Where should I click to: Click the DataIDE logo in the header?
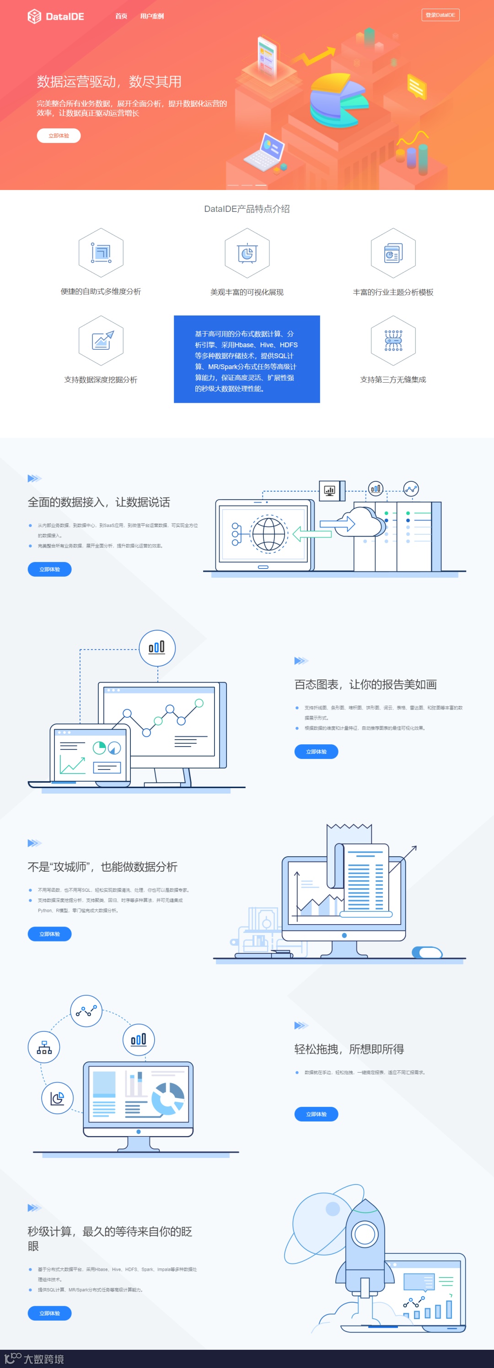(x=56, y=16)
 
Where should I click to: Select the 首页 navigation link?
(x=121, y=16)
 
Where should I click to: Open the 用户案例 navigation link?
(x=152, y=16)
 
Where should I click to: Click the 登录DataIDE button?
(x=440, y=15)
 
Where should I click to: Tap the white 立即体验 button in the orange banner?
(x=59, y=136)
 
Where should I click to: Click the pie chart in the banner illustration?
(x=337, y=98)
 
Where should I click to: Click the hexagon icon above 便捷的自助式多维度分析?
(x=101, y=253)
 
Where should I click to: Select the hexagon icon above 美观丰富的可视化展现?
(x=247, y=253)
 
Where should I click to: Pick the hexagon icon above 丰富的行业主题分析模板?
(x=393, y=253)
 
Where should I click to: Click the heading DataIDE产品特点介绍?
(x=247, y=209)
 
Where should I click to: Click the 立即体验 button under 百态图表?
(x=316, y=752)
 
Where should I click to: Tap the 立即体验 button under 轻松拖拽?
(x=316, y=1114)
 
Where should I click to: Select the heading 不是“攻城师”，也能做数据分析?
(x=102, y=867)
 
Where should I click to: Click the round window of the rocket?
(x=365, y=1233)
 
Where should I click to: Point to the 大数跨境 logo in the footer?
(x=35, y=1358)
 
